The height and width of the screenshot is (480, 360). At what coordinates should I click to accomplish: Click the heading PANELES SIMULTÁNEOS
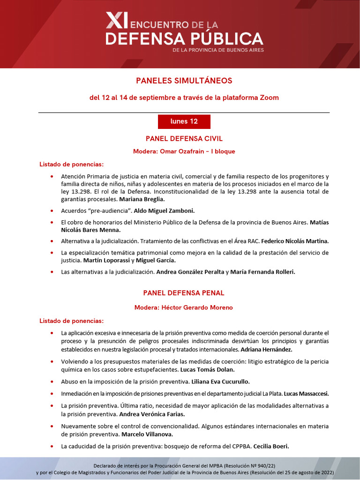tap(184, 81)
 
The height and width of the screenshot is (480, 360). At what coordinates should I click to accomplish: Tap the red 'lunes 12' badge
tap(184, 121)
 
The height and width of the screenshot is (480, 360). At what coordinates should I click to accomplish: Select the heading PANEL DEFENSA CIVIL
tap(184, 138)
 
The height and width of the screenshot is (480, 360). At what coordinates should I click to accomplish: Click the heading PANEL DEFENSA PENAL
tap(184, 293)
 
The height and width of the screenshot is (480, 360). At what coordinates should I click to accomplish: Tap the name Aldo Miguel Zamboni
tap(165, 211)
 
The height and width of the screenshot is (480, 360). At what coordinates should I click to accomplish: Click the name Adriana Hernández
tap(267, 350)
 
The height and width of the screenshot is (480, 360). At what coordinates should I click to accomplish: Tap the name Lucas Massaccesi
tap(307, 393)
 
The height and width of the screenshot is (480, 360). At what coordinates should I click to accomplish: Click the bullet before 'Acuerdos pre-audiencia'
tap(51, 211)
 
